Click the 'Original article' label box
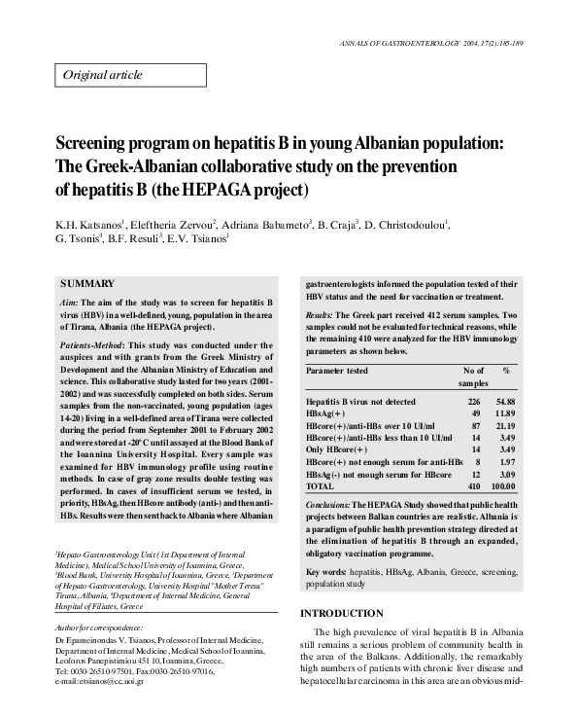click(102, 75)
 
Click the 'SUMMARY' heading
click(87, 283)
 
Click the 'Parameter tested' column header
click(337, 371)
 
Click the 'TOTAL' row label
click(320, 484)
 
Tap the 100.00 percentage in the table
click(503, 484)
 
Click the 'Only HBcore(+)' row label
click(336, 448)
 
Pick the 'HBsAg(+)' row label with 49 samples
click(327, 412)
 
